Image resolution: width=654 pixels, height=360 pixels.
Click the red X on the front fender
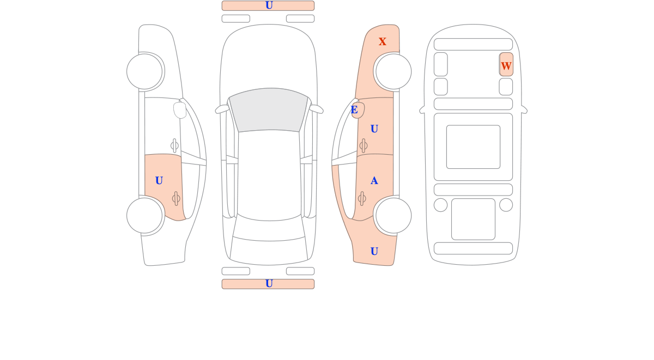383,41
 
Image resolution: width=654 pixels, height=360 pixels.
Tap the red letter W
506,66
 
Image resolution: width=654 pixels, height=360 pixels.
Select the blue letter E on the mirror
354,109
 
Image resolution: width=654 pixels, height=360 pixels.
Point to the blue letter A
374,181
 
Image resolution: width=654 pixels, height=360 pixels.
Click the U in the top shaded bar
269,5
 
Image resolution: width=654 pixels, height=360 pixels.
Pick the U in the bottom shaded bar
269,284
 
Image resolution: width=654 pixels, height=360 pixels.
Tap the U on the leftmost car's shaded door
159,181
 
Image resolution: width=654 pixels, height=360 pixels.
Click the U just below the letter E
374,129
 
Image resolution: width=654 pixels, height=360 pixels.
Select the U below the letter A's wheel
374,251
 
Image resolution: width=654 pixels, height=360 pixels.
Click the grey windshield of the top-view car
269,109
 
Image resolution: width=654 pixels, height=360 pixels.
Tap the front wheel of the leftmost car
144,71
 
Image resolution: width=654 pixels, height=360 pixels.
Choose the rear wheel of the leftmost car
144,216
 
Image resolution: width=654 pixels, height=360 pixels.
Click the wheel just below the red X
393,71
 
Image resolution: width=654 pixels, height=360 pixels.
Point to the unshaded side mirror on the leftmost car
180,110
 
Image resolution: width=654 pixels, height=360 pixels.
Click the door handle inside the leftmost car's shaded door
176,199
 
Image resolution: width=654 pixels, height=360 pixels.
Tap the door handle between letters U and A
364,145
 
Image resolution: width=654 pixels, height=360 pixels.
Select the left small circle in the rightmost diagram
440,205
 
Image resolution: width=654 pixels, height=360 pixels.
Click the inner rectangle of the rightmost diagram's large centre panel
473,147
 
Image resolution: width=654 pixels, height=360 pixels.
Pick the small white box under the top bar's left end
236,19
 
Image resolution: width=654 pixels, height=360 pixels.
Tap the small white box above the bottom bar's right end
300,271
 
